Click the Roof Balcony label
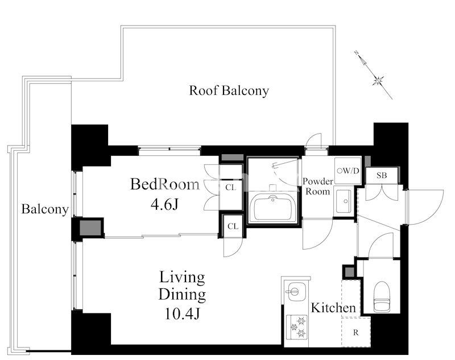[229, 90]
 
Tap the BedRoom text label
[165, 184]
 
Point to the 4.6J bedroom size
[164, 205]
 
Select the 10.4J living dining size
[182, 313]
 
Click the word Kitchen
[333, 308]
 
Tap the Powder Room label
[318, 186]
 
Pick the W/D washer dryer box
[348, 171]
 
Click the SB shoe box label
[382, 175]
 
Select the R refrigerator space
[356, 332]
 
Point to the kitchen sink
[293, 291]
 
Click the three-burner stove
[297, 327]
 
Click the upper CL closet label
[231, 188]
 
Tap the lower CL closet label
[233, 226]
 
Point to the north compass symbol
[374, 75]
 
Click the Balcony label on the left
[45, 209]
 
